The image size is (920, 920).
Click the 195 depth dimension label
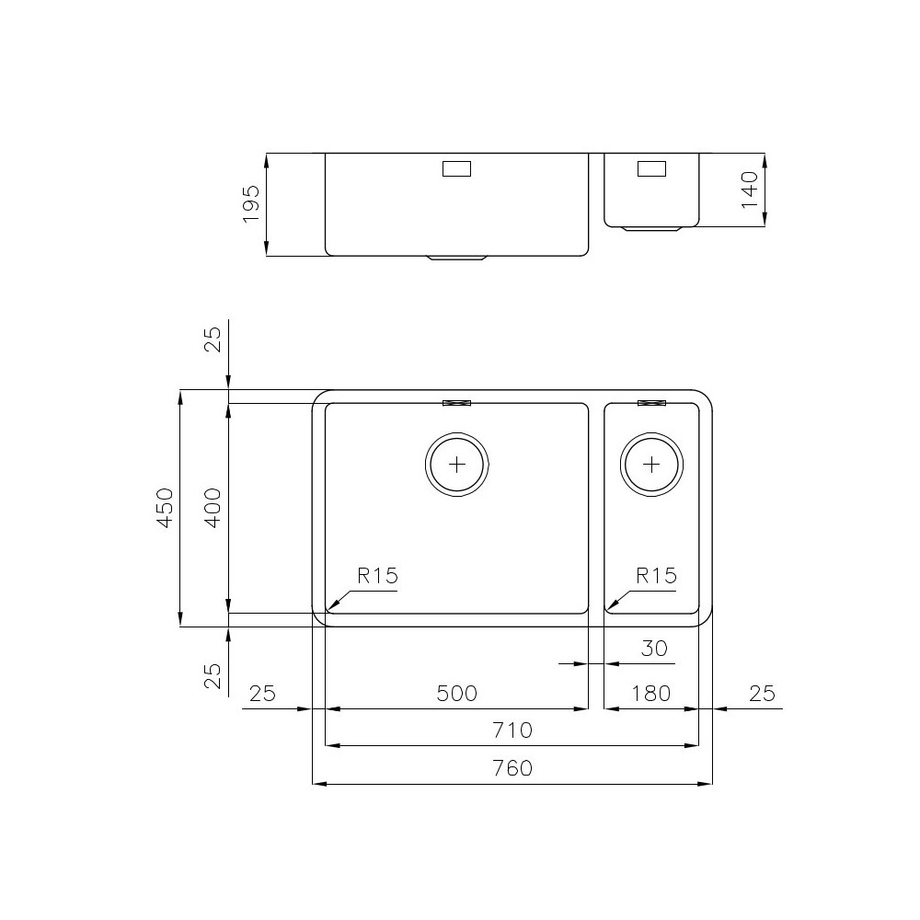point(251,204)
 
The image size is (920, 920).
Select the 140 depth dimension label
point(750,190)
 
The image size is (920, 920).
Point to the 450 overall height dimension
point(165,508)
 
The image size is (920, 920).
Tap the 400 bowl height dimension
point(213,508)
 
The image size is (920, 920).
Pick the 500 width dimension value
point(457,694)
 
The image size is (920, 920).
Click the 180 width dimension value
point(650,694)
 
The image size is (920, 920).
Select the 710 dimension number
point(512,730)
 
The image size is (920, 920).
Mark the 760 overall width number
point(512,768)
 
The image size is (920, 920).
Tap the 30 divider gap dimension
point(653,649)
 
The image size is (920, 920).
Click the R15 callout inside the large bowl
point(377,577)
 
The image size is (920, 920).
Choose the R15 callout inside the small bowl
point(656,577)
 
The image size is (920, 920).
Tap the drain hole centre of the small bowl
point(652,463)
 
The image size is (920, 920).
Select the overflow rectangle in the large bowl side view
point(457,169)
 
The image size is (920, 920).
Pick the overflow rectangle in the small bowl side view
point(651,168)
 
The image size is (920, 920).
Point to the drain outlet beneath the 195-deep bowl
point(457,259)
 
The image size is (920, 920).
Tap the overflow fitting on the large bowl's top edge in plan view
point(457,403)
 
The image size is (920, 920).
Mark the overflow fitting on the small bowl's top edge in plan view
point(651,403)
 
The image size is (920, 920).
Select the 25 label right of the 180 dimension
point(762,694)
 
